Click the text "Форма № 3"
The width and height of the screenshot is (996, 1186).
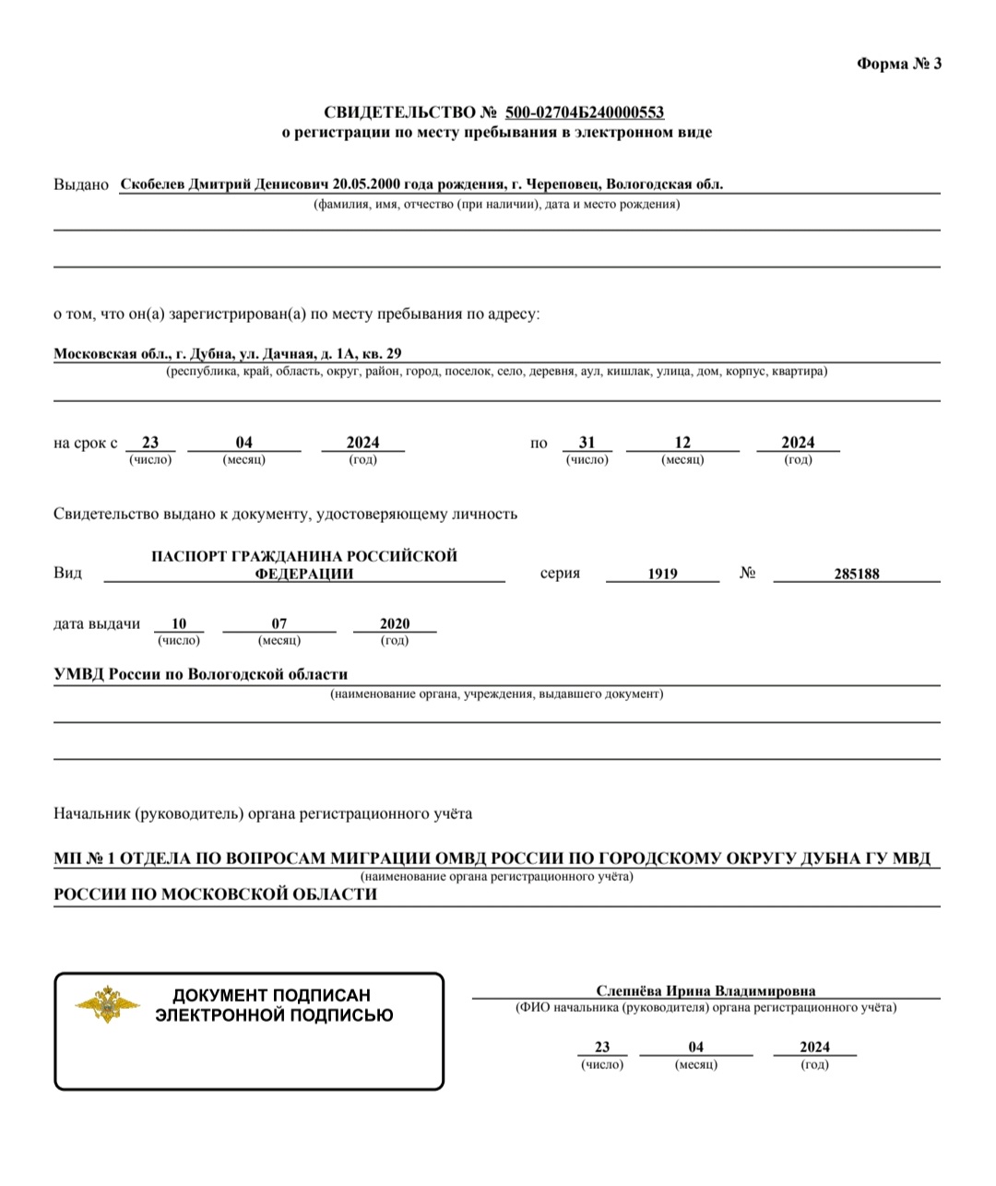pos(899,64)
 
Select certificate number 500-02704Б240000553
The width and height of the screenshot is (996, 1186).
pos(585,113)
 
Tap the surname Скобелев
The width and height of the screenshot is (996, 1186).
pos(153,184)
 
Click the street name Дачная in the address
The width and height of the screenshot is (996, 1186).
pos(288,353)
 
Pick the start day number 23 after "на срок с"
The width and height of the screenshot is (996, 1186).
pos(150,443)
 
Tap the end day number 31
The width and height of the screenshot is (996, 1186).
pos(587,443)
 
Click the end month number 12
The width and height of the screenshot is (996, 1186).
pos(682,443)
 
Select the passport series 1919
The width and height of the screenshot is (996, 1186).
pos(662,574)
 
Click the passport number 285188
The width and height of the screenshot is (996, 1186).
pos(857,574)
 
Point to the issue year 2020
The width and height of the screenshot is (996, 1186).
pos(395,624)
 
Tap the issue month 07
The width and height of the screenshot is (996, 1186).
pos(279,624)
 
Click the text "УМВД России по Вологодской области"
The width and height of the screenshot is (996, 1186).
pos(201,674)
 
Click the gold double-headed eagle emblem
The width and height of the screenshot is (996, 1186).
pos(107,1003)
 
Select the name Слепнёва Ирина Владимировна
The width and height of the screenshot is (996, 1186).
pos(705,991)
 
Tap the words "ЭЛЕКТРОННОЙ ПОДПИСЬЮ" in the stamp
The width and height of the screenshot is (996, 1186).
pos(274,1015)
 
